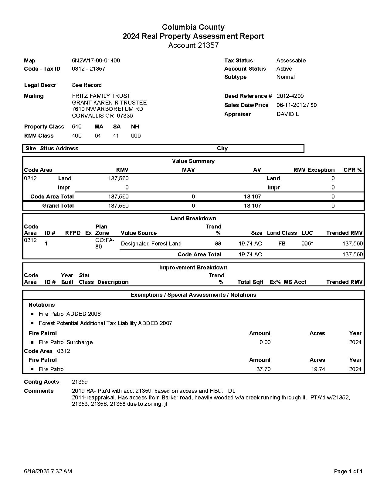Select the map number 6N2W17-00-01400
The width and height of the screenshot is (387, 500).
pyautogui.click(x=96, y=61)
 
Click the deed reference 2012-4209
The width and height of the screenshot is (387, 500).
pyautogui.click(x=290, y=96)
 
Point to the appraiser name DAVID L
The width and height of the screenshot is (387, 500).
pyautogui.click(x=287, y=114)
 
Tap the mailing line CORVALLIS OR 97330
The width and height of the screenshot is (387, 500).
pyautogui.click(x=102, y=116)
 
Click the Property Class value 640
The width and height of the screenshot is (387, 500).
pyautogui.click(x=76, y=127)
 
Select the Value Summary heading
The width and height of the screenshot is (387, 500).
pyautogui.click(x=193, y=161)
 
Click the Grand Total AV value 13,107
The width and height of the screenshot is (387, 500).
pyautogui.click(x=252, y=206)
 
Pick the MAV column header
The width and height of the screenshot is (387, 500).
pyautogui.click(x=188, y=170)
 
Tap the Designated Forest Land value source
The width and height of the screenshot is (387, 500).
pyautogui.click(x=151, y=244)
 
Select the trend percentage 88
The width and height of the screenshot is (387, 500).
pyautogui.click(x=218, y=244)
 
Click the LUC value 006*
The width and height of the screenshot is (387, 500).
pyautogui.click(x=307, y=244)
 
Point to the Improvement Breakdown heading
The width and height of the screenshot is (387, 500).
pyautogui.click(x=193, y=268)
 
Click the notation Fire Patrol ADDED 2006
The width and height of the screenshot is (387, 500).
pyautogui.click(x=70, y=314)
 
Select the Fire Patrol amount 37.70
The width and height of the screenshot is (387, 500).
pyautogui.click(x=263, y=369)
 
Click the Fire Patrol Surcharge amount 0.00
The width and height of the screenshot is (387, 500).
pyautogui.click(x=265, y=342)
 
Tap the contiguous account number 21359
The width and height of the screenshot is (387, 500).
pyautogui.click(x=80, y=382)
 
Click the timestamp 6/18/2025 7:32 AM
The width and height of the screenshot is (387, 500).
pyautogui.click(x=48, y=472)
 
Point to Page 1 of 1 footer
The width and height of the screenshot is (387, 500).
pyautogui.click(x=348, y=472)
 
